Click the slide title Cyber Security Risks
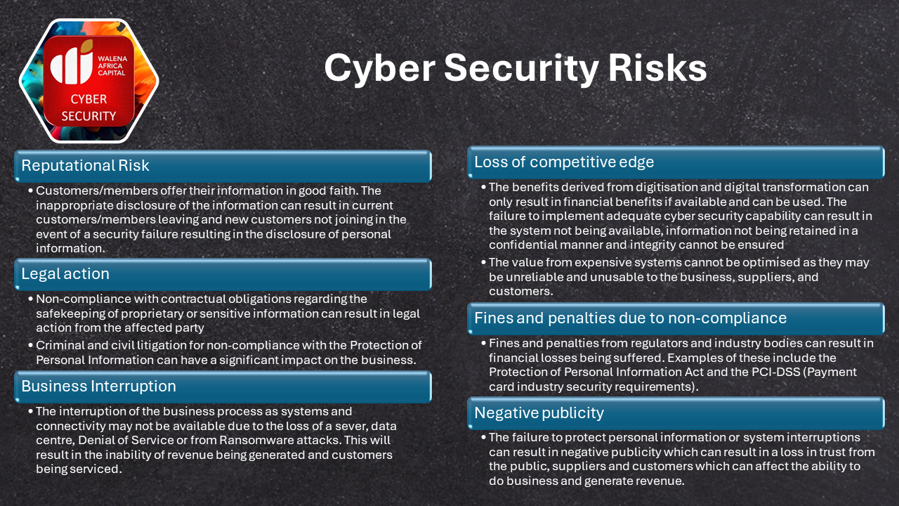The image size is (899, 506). coord(516,68)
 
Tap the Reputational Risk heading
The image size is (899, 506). coord(85,165)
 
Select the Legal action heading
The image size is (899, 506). coord(65,274)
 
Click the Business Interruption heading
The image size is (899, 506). coord(98,387)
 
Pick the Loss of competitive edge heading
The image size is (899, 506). coord(564,162)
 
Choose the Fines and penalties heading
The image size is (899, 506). coord(630,318)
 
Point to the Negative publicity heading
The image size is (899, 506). coord(539,413)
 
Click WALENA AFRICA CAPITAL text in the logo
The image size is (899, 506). coord(112,65)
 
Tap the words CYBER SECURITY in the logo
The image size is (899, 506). coord(88,108)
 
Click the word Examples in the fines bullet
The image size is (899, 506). coord(693,358)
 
